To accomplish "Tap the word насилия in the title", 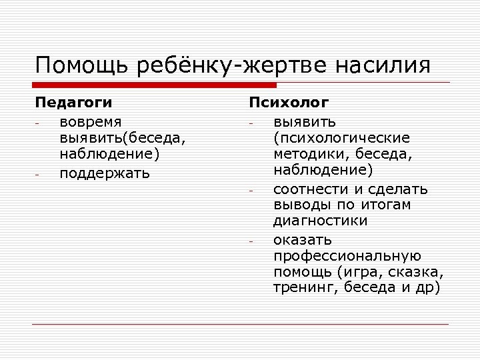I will pos(383,66).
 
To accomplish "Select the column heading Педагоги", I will pos(73,103).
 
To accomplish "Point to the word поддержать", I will pos(105,173).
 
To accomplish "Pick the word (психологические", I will pos(341,139).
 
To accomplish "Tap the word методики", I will pos(307,155).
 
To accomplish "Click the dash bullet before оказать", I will pos(252,241).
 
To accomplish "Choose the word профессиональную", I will pos(347,255).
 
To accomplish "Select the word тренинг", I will pos(300,288).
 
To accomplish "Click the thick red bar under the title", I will pos(155,85).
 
